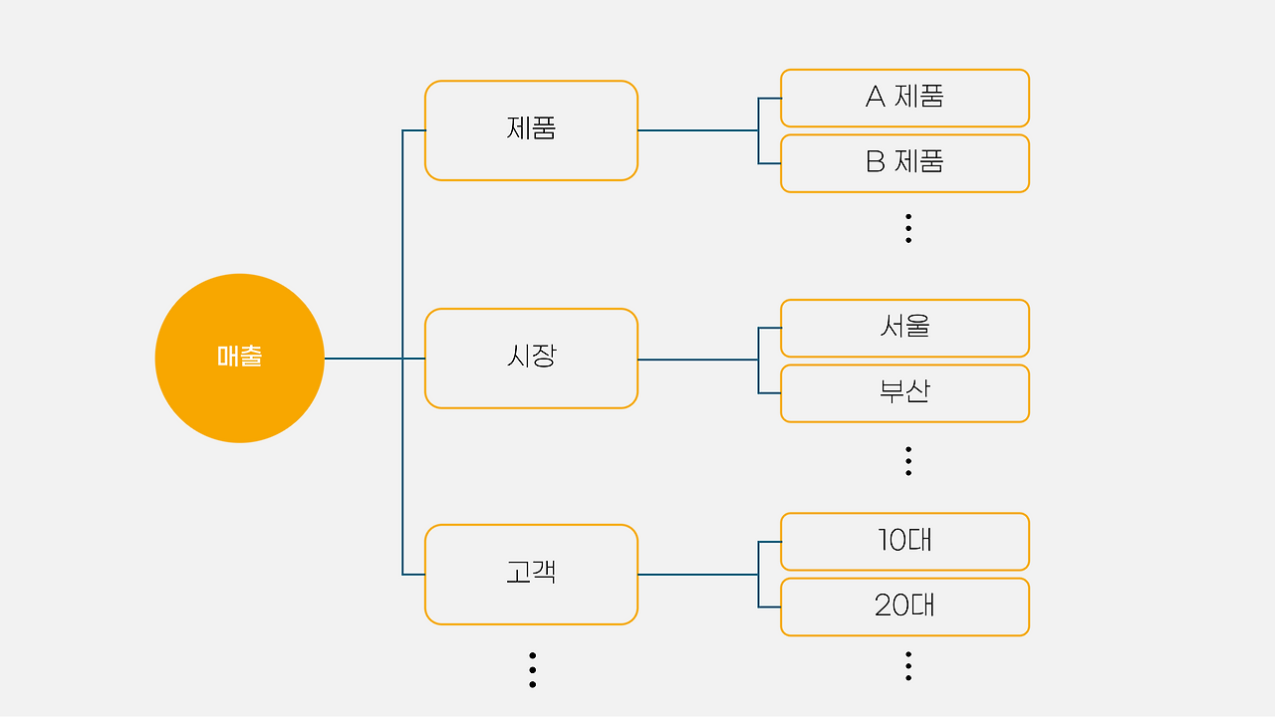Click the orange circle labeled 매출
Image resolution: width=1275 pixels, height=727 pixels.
coord(239,358)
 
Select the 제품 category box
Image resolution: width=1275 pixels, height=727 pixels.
coord(531,130)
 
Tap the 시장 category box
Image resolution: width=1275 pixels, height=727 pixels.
coord(531,359)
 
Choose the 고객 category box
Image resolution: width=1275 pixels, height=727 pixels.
coord(531,575)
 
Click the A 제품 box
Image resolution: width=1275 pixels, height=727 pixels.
coord(904,98)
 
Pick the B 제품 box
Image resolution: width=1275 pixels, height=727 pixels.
coord(904,163)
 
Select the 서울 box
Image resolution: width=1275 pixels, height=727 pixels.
coord(904,328)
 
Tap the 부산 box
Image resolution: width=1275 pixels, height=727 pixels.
coord(904,393)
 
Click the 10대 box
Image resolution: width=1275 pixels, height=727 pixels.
coord(904,542)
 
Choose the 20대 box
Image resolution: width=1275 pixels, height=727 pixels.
coord(904,606)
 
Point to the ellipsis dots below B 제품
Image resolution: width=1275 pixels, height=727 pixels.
coord(907,228)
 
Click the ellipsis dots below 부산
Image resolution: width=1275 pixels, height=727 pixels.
coord(907,460)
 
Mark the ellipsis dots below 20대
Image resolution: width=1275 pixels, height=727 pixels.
coord(907,665)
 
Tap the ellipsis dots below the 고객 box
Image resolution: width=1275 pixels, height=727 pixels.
coord(532,669)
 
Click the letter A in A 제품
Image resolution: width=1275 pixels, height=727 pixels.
coord(876,97)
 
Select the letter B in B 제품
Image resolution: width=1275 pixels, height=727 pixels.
coord(876,161)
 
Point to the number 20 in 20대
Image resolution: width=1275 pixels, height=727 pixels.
coord(891,606)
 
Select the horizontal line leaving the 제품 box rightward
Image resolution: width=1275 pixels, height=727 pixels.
coord(697,130)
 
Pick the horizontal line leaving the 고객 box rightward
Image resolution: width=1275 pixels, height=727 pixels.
coord(697,575)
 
